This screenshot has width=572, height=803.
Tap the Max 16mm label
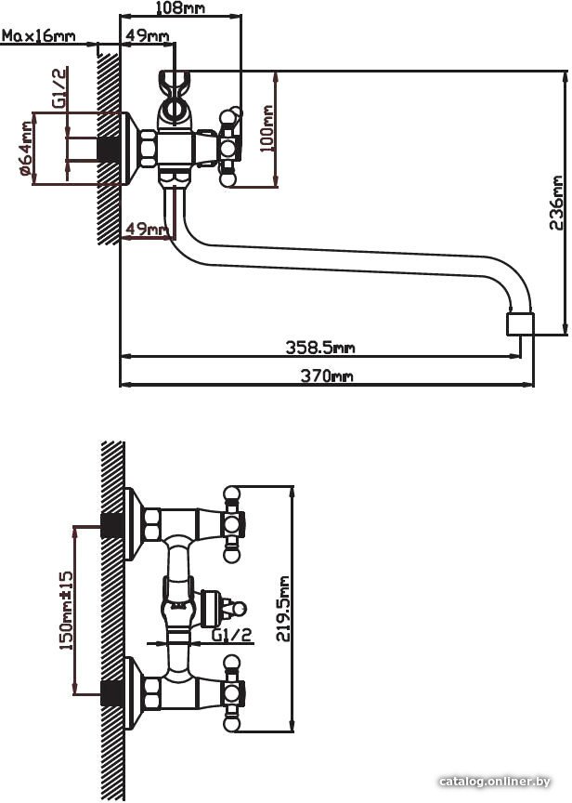pyautogui.click(x=39, y=36)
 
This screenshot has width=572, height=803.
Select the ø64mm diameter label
pyautogui.click(x=26, y=149)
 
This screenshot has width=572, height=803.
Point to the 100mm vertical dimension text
pyautogui.click(x=266, y=128)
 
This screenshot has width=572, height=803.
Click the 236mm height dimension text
pyautogui.click(x=555, y=203)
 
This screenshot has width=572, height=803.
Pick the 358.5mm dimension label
pyautogui.click(x=320, y=348)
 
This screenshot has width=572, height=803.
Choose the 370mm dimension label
pyautogui.click(x=327, y=376)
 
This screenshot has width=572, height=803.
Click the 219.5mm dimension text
pyautogui.click(x=283, y=609)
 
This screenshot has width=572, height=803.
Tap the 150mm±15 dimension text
pyautogui.click(x=67, y=611)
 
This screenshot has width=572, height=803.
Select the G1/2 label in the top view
pyautogui.click(x=59, y=88)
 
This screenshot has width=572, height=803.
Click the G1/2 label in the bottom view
pyautogui.click(x=232, y=635)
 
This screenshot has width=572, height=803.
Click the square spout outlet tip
pyautogui.click(x=520, y=324)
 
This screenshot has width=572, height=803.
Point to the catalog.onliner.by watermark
pyautogui.click(x=495, y=782)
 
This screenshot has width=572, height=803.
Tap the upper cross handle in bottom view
pyautogui.click(x=232, y=524)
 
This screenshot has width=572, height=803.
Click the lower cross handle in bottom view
pyautogui.click(x=232, y=693)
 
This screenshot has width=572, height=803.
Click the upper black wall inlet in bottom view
pyautogui.click(x=112, y=525)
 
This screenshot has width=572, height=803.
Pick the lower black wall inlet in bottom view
pyautogui.click(x=112, y=694)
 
